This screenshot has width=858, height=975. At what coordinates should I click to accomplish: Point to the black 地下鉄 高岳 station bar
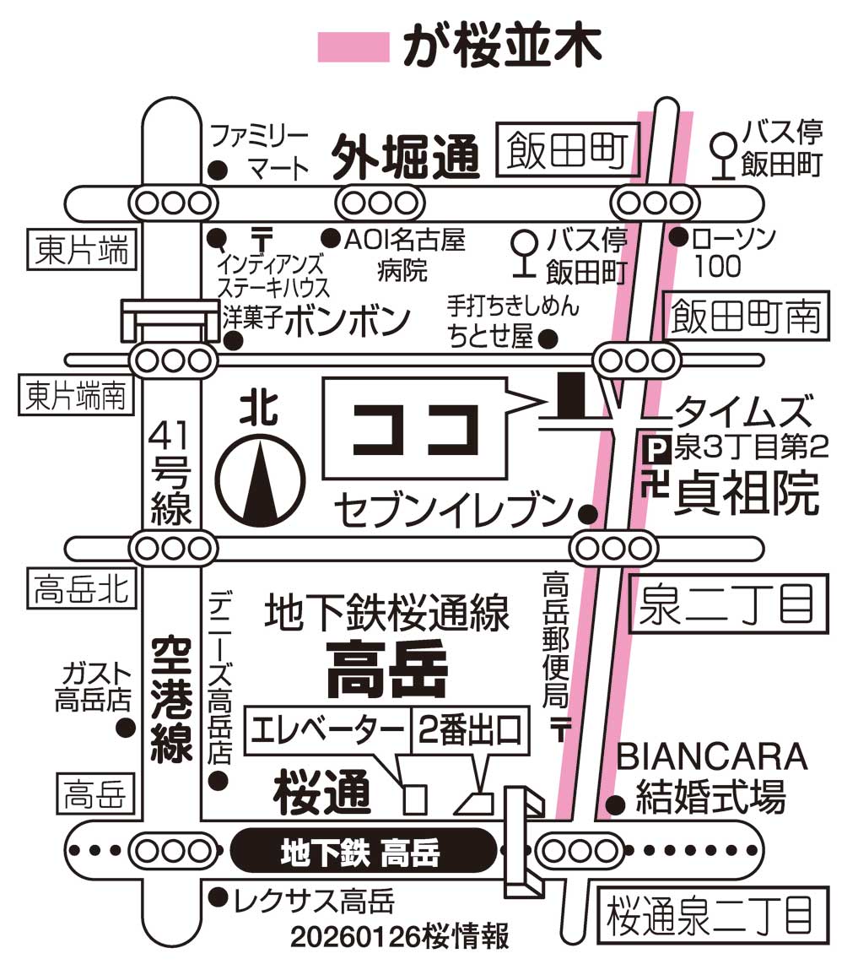(x=363, y=851)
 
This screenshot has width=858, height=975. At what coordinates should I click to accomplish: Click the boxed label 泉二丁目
(x=726, y=604)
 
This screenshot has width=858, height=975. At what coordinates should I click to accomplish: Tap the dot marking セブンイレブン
(x=588, y=513)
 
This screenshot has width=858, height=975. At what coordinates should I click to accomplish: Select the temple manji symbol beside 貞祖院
(x=653, y=487)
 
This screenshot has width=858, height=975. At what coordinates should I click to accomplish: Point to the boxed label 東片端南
(x=75, y=395)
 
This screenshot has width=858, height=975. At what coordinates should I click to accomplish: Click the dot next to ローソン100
(x=678, y=238)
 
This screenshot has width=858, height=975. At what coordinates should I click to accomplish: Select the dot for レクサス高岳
(x=219, y=896)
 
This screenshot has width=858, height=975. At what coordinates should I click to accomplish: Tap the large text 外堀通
(x=405, y=156)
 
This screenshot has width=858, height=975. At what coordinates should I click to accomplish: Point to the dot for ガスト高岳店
(x=127, y=728)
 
